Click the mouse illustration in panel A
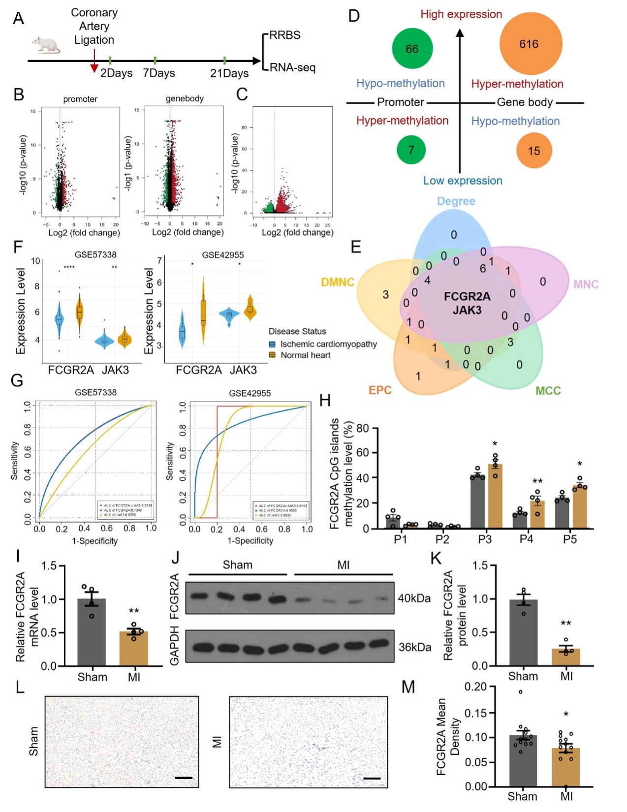[46, 45]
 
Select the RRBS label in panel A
[284, 35]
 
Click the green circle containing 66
[412, 49]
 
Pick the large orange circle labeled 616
[530, 44]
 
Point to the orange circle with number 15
[534, 151]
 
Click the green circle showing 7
[411, 150]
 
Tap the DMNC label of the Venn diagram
[338, 282]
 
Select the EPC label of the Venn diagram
[380, 390]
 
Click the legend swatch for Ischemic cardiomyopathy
[272, 344]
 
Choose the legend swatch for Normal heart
[272, 355]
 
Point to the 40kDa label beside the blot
[414, 598]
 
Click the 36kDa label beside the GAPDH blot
[414, 647]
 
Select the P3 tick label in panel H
[485, 539]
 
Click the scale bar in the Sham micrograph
[183, 778]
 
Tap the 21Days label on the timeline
[229, 73]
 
